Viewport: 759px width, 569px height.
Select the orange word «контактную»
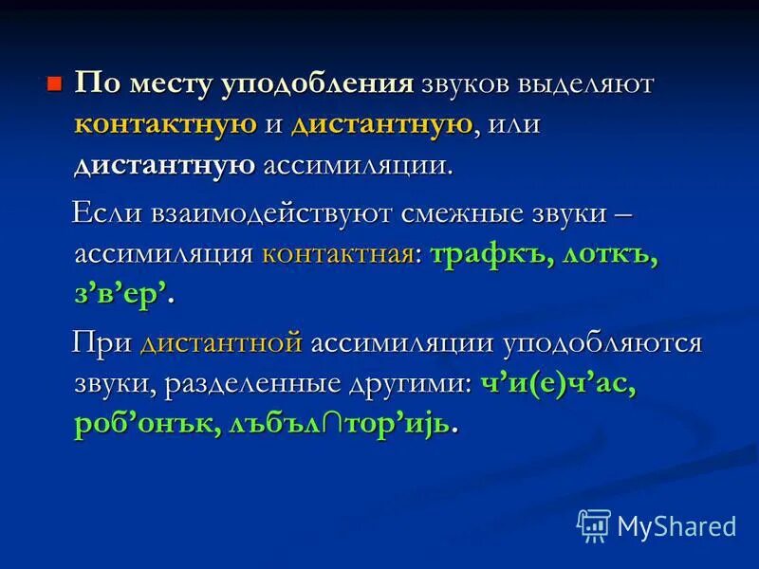166,124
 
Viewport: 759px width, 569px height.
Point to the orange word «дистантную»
381,124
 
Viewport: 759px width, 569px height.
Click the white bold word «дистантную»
165,165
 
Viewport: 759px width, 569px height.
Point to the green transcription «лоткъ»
610,254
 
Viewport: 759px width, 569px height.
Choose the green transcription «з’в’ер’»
124,295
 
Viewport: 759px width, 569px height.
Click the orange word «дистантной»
221,342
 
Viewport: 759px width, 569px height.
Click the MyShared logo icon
594,524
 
